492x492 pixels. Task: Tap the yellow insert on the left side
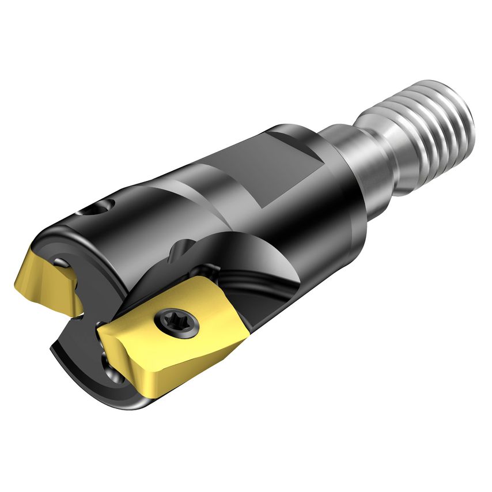pyautogui.click(x=46, y=282)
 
